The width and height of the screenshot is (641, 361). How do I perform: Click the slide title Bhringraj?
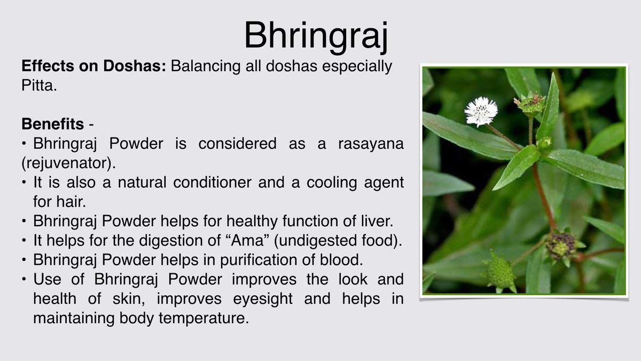click(x=316, y=36)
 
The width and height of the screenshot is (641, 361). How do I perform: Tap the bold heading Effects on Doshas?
click(x=94, y=66)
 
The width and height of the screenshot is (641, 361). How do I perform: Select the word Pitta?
click(x=39, y=86)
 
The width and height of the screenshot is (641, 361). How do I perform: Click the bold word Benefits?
click(x=53, y=124)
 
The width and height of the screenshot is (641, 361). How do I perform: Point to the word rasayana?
click(x=371, y=144)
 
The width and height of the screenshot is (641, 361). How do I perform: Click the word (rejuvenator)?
click(x=69, y=163)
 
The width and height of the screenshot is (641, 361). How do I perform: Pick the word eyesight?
click(x=263, y=299)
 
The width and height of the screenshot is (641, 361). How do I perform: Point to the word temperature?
click(x=204, y=318)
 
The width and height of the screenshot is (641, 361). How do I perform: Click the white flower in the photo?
click(x=481, y=112)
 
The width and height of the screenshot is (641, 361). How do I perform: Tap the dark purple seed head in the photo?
click(x=561, y=245)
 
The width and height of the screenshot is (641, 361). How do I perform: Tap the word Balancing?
click(x=206, y=66)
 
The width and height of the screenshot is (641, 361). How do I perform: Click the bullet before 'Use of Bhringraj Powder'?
click(x=25, y=279)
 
